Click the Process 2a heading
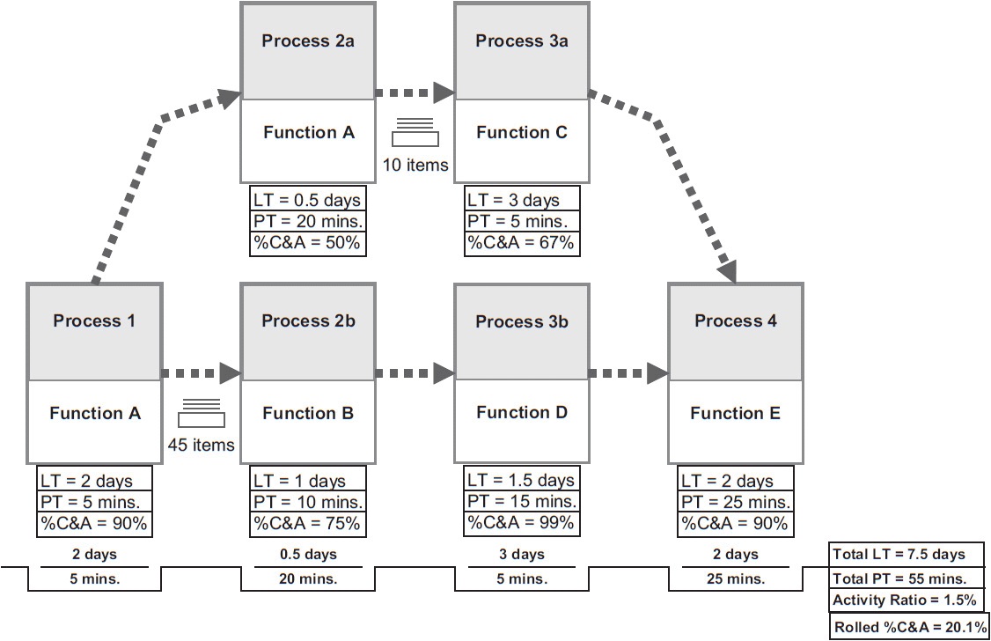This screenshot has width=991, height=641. [x=308, y=41]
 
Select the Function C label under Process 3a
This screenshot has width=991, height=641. [x=522, y=133]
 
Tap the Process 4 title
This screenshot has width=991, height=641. [x=736, y=321]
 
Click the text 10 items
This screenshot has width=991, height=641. [x=415, y=165]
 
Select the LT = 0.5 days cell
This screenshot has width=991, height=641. [x=307, y=200]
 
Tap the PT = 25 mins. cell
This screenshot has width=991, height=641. [x=736, y=502]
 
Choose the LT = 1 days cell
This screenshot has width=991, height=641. [x=307, y=481]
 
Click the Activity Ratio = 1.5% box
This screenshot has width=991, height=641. [x=904, y=600]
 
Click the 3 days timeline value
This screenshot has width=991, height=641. [x=521, y=555]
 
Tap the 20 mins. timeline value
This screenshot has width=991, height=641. [x=307, y=578]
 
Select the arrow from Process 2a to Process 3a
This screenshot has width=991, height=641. [x=414, y=92]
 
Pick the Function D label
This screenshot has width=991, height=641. [x=522, y=413]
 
